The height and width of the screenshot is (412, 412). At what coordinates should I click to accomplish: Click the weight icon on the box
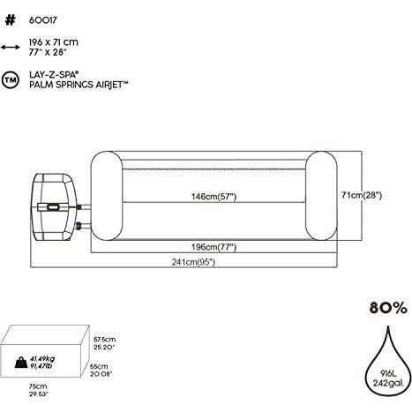[x=19, y=359]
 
